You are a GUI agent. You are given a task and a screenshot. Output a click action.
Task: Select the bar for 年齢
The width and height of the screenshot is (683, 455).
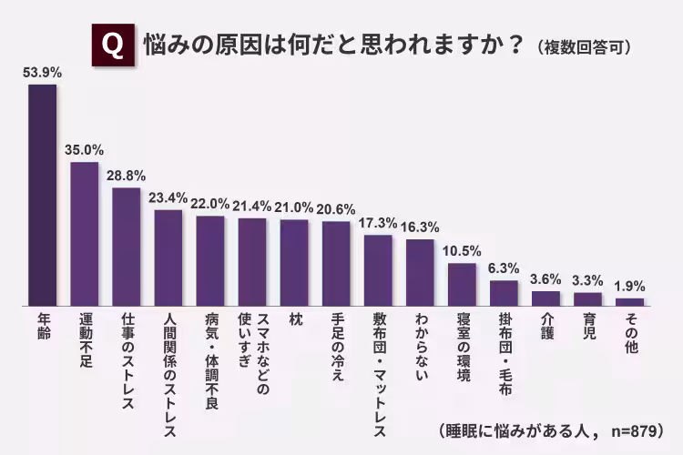pyautogui.click(x=43, y=194)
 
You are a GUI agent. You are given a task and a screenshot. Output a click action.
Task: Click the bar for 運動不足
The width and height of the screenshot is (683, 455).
pyautogui.click(x=85, y=233)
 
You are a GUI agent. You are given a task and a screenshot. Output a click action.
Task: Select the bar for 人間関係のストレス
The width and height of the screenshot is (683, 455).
pyautogui.click(x=168, y=257)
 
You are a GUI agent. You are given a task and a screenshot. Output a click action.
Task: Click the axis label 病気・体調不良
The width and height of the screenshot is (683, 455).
pyautogui.click(x=210, y=349)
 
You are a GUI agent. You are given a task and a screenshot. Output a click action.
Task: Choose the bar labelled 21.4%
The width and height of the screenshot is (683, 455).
pyautogui.click(x=252, y=261)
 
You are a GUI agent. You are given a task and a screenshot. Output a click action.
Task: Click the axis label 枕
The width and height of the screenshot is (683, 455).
pyautogui.click(x=294, y=319)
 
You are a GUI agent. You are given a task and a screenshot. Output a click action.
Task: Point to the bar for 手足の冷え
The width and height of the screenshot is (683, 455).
pyautogui.click(x=336, y=262)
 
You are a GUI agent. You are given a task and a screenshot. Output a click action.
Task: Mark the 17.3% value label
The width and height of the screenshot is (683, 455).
pyautogui.click(x=378, y=222)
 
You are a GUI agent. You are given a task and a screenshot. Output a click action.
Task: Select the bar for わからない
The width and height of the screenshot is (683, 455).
pyautogui.click(x=420, y=271)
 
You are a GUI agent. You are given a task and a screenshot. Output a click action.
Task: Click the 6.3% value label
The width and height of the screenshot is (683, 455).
pyautogui.click(x=504, y=268)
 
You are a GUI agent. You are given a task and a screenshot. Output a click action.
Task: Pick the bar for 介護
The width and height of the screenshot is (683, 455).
pyautogui.click(x=545, y=297)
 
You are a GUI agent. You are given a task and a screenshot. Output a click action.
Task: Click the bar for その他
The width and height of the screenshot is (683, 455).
pyautogui.click(x=629, y=300)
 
